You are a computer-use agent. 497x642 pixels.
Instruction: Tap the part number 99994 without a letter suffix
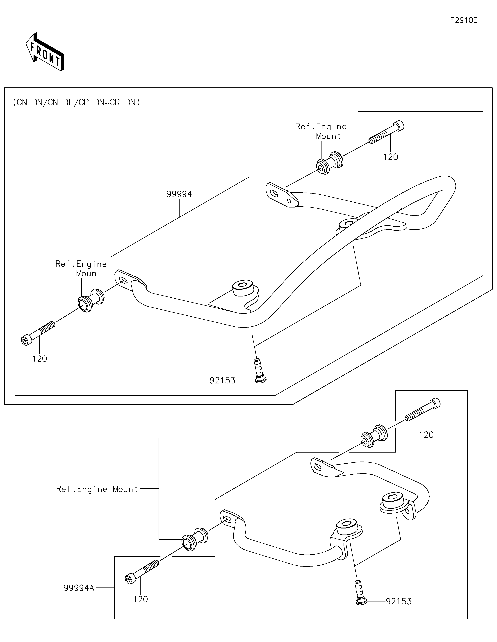(179, 194)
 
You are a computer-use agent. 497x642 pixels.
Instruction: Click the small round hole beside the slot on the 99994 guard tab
(289, 201)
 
